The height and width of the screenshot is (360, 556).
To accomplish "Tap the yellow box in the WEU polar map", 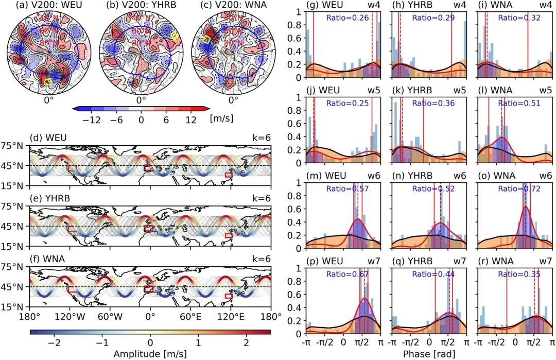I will tap(48, 82).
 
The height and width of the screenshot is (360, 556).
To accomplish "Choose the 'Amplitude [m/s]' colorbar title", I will tap(150, 354).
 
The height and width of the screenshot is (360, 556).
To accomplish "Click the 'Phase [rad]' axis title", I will tap(428, 354).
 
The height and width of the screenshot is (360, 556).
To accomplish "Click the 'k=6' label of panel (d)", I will tap(261, 139).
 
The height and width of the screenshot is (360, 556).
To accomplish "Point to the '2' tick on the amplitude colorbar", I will tap(246, 342).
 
